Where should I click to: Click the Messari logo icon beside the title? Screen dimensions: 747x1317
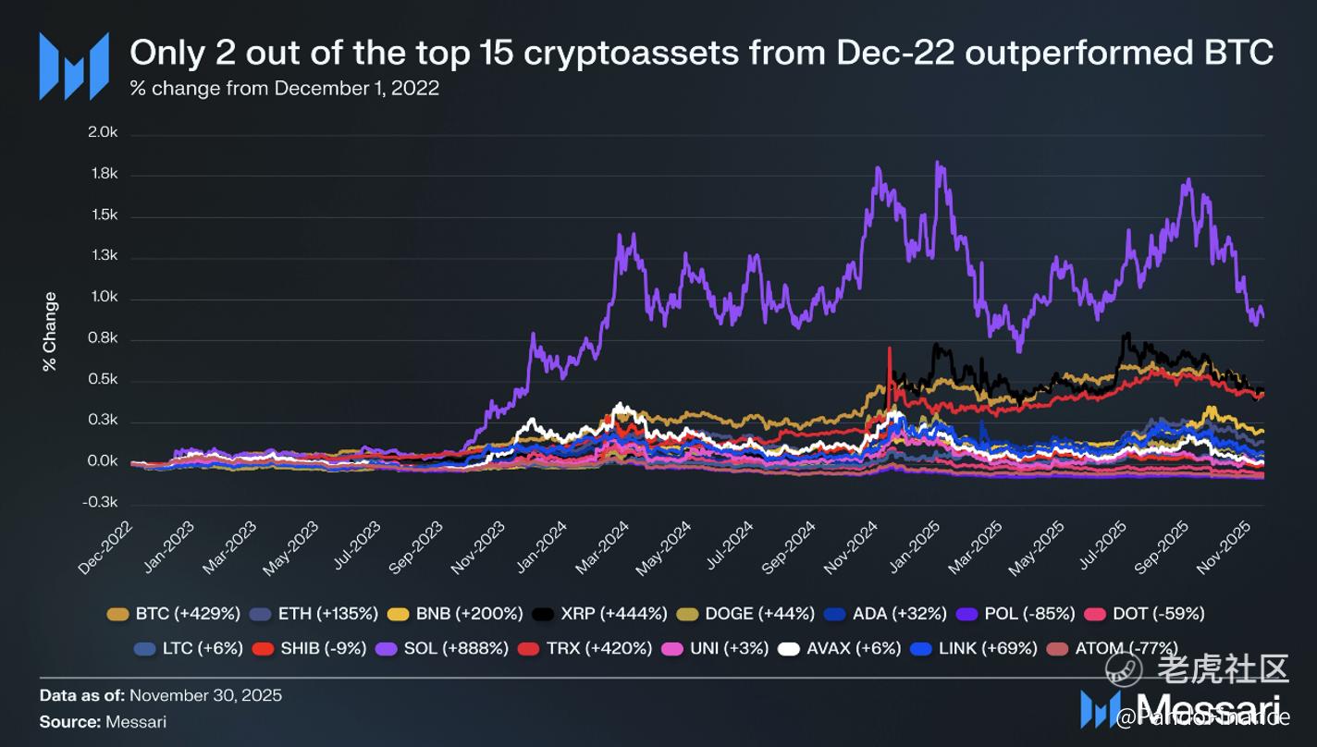pyautogui.click(x=74, y=66)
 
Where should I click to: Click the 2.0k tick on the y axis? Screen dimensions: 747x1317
pyautogui.click(x=103, y=133)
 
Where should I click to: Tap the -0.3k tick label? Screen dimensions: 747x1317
pyautogui.click(x=102, y=503)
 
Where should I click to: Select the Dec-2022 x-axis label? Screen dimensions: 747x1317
pyautogui.click(x=105, y=547)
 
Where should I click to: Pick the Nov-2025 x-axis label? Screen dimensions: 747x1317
pyautogui.click(x=1225, y=547)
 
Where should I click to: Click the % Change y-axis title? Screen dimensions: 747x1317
pyautogui.click(x=50, y=331)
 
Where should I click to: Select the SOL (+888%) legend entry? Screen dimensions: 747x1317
pyautogui.click(x=443, y=648)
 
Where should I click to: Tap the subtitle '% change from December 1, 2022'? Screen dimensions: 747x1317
pyautogui.click(x=285, y=89)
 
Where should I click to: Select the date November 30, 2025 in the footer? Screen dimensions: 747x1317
pyautogui.click(x=205, y=694)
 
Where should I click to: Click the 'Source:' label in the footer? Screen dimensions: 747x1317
pyautogui.click(x=70, y=721)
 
